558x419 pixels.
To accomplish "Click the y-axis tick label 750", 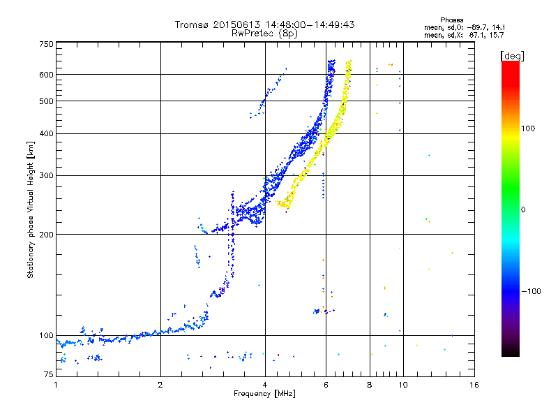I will tap(46, 44).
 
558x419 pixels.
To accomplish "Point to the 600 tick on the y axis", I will tap(46, 74).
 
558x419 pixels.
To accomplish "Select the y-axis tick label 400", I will tap(46, 133).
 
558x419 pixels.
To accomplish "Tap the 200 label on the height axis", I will tap(46, 234).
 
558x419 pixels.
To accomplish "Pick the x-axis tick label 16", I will tap(474, 385).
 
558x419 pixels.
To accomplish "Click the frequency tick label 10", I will tap(402, 385).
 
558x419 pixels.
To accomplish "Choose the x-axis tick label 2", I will tap(160, 385).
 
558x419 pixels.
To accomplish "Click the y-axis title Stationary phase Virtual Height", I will tap(31, 209).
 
